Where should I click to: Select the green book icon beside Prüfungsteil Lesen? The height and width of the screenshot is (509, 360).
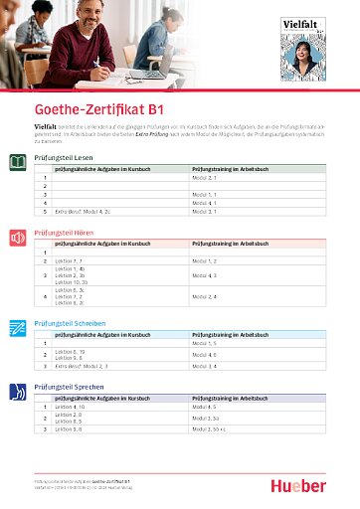click(x=17, y=161)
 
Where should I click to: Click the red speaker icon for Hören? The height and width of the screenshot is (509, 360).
click(x=17, y=239)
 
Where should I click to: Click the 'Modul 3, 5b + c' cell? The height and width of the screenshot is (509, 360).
click(x=211, y=429)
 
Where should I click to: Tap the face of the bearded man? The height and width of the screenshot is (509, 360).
click(x=95, y=18)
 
